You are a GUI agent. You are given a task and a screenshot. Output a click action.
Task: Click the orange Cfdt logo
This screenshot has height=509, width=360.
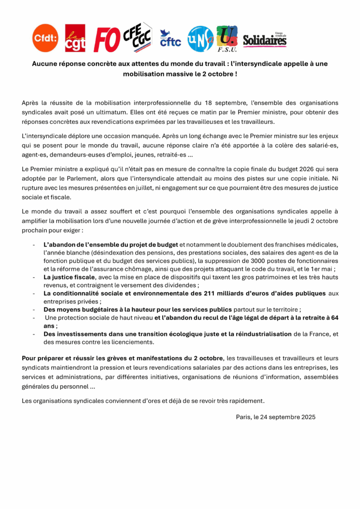45,38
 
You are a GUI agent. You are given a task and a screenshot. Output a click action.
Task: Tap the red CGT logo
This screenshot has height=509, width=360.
75,38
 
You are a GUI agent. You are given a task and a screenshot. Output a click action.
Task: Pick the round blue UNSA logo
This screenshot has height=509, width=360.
200,38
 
